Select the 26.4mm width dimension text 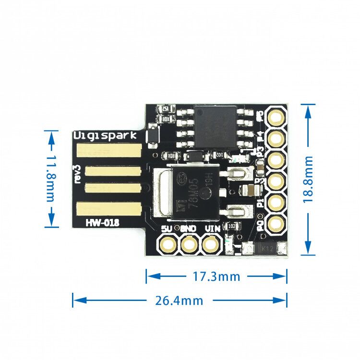pos(179,301)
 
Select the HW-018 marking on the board pos(103,222)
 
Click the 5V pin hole pos(168,245)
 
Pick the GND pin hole pos(189,245)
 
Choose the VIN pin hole pos(210,245)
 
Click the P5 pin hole pos(276,117)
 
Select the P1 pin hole pos(276,202)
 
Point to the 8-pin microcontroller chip pos(215,127)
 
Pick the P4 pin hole pos(276,139)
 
